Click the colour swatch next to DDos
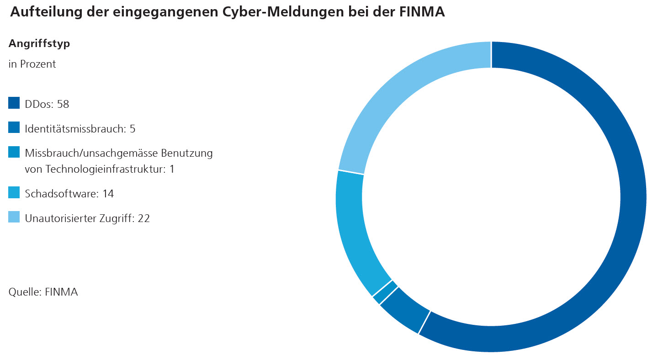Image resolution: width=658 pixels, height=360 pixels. pos(14,103)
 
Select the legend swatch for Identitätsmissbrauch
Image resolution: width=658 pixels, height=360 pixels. pos(14,127)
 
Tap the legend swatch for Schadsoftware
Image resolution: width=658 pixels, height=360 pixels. pos(14,192)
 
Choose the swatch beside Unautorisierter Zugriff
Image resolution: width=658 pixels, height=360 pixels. pos(14,217)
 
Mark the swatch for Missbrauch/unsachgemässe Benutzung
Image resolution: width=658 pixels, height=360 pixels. pos(14,152)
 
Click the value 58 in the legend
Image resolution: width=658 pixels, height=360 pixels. pos(63,104)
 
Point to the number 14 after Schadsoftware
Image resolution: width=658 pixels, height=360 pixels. pos(108,194)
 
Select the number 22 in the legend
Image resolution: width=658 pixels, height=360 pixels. pos(143,218)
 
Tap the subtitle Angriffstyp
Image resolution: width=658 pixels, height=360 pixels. pos(39,44)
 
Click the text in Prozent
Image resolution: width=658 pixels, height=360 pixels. pos(32,64)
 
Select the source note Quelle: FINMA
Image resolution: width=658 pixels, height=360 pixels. pos(43,292)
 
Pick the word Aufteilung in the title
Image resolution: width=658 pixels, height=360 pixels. pos(42,12)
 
